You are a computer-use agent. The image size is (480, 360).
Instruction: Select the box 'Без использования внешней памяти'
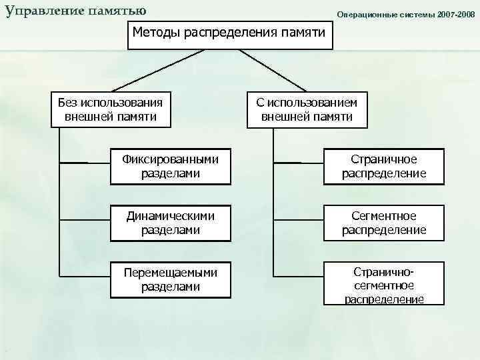click(111, 109)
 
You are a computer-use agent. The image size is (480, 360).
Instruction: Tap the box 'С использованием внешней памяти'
click(307, 109)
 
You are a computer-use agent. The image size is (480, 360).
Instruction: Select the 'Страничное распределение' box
click(383, 167)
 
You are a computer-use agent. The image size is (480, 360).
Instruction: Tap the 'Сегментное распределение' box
click(383, 223)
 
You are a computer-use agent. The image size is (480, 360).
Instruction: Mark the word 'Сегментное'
click(384, 216)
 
